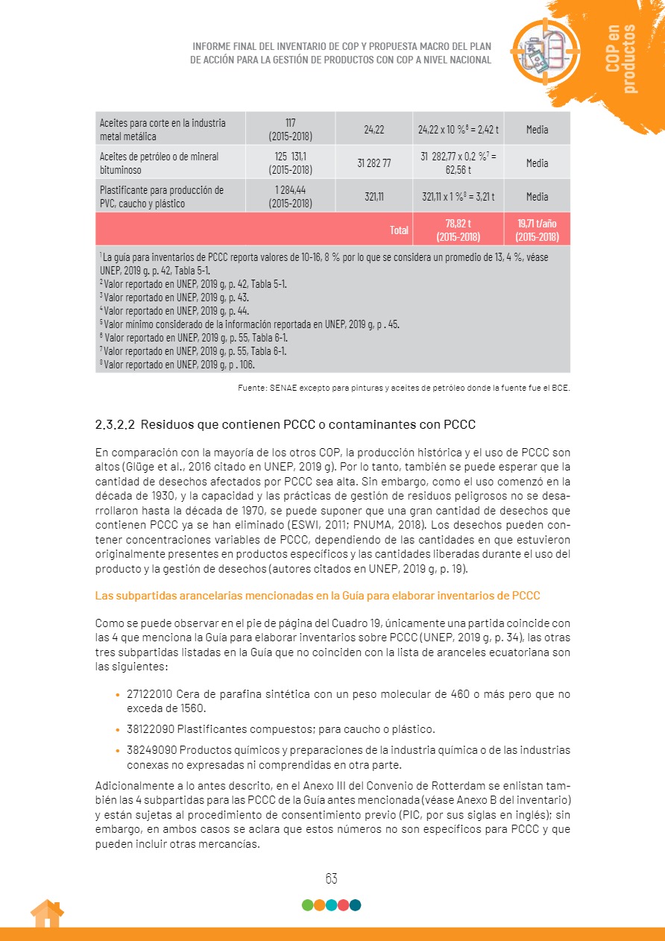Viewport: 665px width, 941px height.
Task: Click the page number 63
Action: [x=332, y=878]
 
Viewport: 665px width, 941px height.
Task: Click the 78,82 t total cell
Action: [x=458, y=229]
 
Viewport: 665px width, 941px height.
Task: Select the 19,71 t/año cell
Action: [x=537, y=229]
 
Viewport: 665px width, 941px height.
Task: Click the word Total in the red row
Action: [x=400, y=230]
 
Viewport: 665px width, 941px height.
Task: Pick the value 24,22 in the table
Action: [x=374, y=130]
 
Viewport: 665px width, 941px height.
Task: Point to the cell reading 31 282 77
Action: [x=374, y=163]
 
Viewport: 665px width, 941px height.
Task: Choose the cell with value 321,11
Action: [x=374, y=197]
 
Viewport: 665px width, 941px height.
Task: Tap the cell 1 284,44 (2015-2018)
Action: [x=290, y=197]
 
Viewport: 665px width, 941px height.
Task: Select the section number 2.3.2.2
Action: [x=114, y=425]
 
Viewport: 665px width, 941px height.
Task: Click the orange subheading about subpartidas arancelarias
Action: [x=318, y=596]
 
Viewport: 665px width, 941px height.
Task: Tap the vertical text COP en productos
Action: [x=622, y=58]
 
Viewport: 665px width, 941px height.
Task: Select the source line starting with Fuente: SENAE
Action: [x=403, y=388]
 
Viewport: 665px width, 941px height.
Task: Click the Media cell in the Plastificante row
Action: [x=537, y=197]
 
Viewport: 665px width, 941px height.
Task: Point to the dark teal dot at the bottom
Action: [x=356, y=905]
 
